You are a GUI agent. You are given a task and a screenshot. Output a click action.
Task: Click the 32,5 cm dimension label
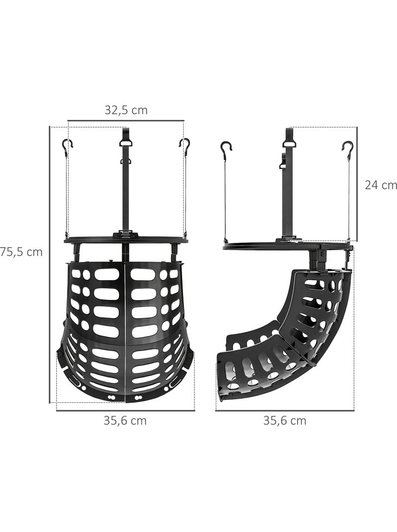(126, 110)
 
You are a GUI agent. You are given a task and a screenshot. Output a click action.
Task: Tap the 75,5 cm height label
(23, 252)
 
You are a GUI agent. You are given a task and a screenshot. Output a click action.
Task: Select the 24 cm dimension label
(381, 185)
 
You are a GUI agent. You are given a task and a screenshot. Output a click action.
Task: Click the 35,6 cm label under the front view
(125, 421)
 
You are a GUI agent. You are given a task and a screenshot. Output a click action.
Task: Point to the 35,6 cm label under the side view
(284, 421)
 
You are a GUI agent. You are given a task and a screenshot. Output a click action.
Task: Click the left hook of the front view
(67, 146)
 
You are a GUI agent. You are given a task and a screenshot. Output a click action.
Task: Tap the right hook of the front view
(185, 146)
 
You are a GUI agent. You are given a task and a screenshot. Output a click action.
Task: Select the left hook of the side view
(226, 148)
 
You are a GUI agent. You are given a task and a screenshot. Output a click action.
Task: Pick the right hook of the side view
(347, 148)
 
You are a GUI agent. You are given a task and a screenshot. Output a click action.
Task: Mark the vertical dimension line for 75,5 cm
(50, 264)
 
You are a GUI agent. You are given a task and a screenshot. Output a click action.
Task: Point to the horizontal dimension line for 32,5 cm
(126, 120)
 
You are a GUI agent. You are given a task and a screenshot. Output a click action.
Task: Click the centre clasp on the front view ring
(126, 234)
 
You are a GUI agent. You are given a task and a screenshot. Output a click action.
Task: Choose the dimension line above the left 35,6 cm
(125, 411)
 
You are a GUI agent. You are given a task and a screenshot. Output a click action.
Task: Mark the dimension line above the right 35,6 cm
(284, 411)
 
